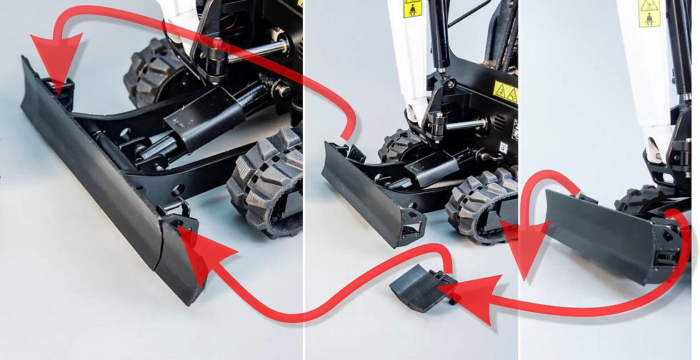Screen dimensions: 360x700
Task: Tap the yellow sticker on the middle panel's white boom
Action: (412, 8)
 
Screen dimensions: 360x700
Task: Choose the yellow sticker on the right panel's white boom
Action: (649, 13)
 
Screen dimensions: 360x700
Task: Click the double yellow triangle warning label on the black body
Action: (505, 91)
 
